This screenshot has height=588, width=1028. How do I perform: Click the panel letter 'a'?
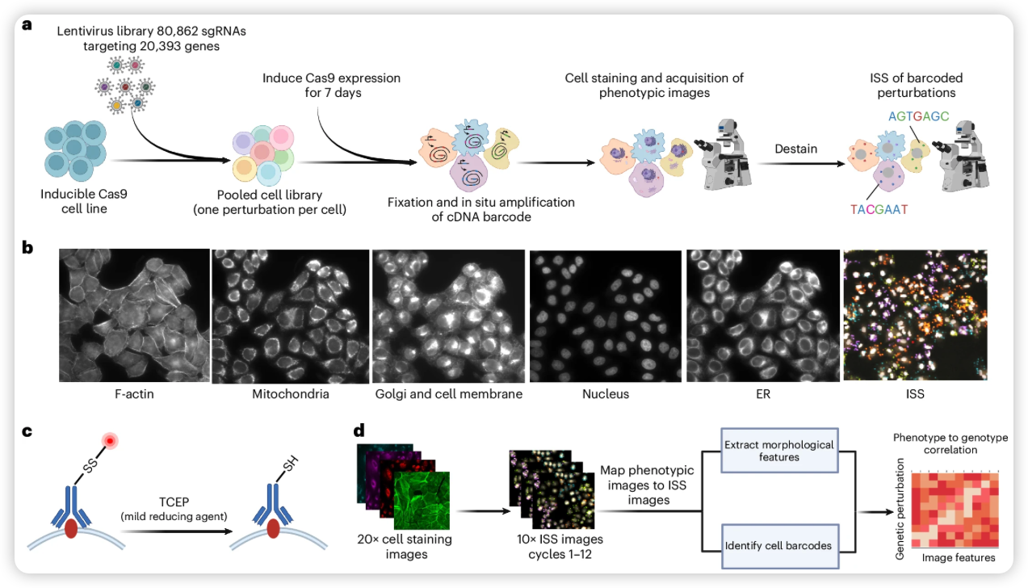[x=27, y=25]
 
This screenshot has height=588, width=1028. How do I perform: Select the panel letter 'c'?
[x=27, y=431]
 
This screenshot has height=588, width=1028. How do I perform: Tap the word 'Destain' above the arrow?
[x=795, y=149]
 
